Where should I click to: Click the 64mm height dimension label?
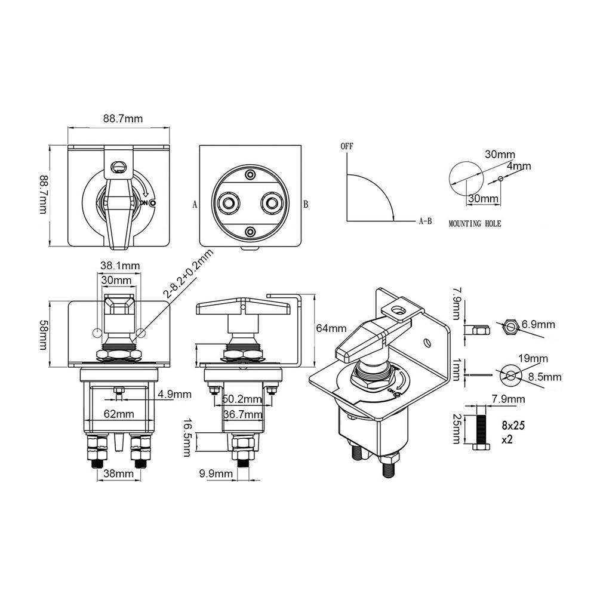331,328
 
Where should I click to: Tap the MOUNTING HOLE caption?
475,224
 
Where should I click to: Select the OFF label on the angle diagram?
347,146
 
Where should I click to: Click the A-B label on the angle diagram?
425,221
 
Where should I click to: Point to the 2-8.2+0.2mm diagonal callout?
188,273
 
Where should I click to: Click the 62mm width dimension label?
119,414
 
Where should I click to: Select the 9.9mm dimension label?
216,473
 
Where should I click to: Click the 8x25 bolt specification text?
513,425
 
